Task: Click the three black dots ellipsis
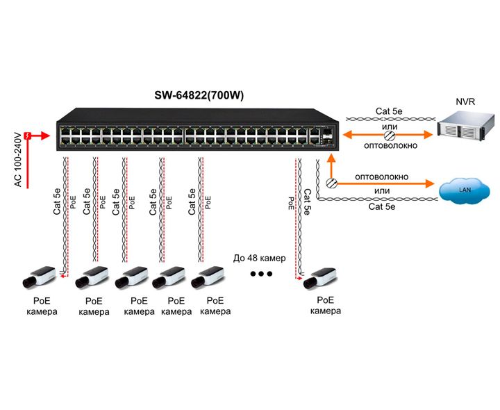tap(261, 274)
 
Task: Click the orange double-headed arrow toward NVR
tap(385, 134)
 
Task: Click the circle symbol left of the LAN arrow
tap(332, 183)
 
